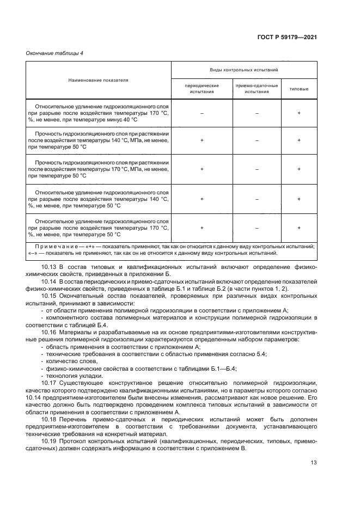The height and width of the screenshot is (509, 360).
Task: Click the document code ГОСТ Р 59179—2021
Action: tap(286, 38)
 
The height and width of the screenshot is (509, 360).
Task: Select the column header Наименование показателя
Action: tap(98, 80)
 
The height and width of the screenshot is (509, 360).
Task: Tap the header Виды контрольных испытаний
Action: tap(244, 71)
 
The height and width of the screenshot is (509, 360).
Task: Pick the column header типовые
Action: tap(298, 89)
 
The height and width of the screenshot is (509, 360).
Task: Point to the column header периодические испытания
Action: tap(202, 89)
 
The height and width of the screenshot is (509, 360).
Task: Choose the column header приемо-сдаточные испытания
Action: tap(257, 89)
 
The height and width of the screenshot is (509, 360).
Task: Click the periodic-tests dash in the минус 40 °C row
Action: tap(202, 113)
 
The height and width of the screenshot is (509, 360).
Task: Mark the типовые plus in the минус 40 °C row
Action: tap(298, 113)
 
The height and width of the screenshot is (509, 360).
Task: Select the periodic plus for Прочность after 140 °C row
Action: tap(202, 140)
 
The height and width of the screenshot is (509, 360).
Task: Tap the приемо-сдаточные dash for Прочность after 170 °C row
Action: tap(257, 169)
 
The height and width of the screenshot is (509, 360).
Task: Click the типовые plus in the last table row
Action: tap(298, 228)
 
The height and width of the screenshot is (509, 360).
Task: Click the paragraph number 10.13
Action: tap(50, 267)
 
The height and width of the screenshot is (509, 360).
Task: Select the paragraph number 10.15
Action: tap(50, 296)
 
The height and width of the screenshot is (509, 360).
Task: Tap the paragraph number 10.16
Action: tap(50, 332)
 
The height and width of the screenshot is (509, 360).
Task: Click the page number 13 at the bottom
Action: tap(313, 463)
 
